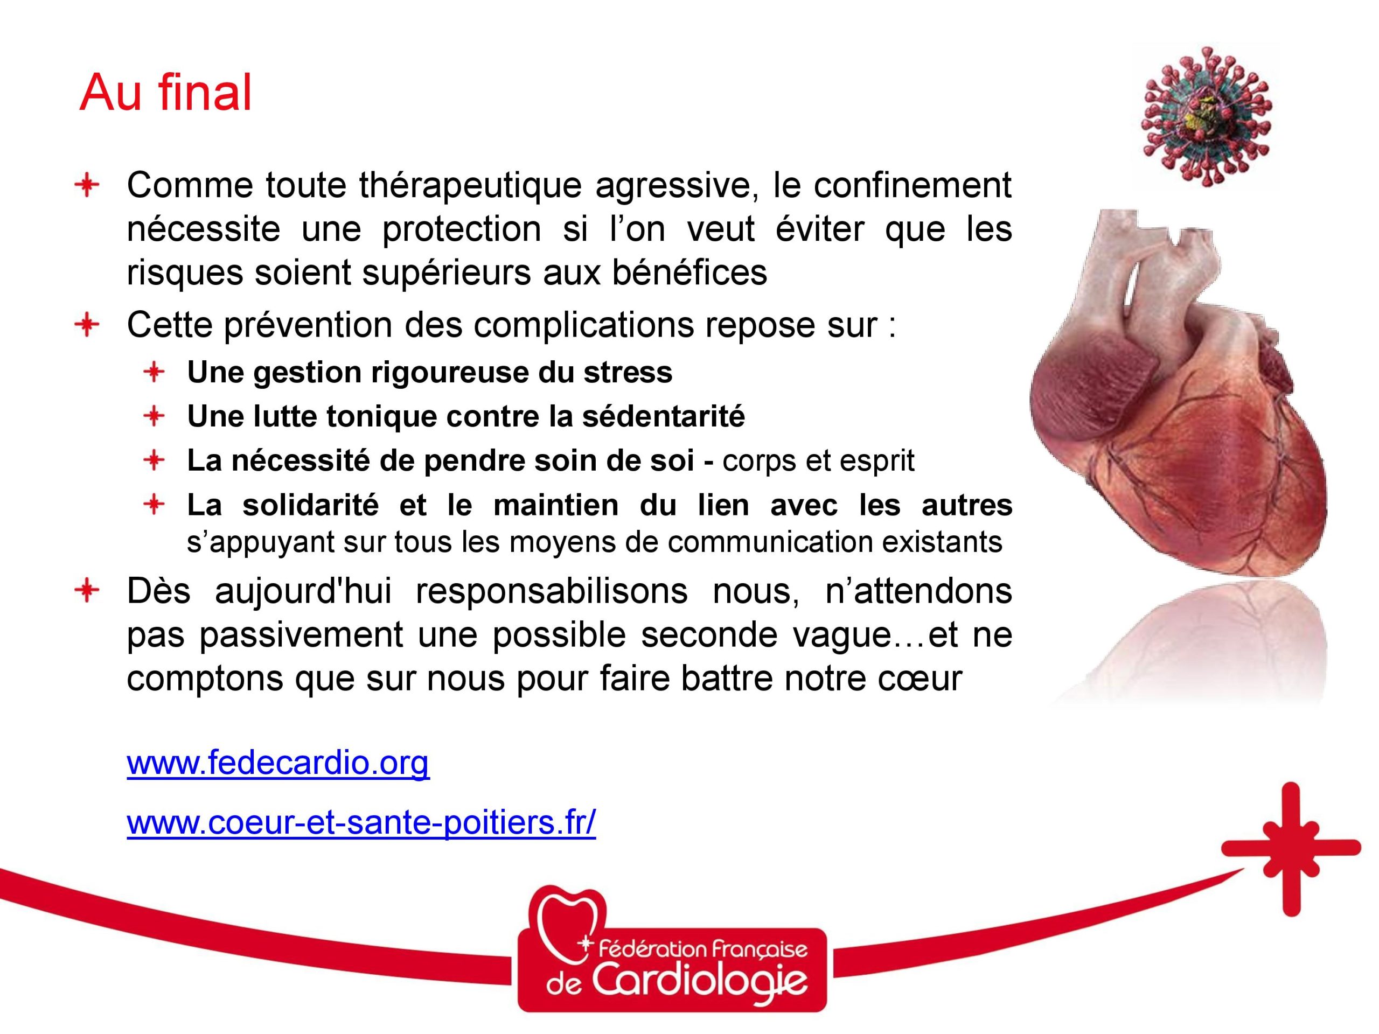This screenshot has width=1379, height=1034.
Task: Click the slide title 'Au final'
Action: pyautogui.click(x=165, y=92)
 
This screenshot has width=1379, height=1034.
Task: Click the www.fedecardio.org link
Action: pyautogui.click(x=278, y=763)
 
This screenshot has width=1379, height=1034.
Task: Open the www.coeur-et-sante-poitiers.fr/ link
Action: pyautogui.click(x=361, y=823)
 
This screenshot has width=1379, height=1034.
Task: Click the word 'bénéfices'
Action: pyautogui.click(x=689, y=273)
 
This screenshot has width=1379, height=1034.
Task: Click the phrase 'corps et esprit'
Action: pyautogui.click(x=819, y=461)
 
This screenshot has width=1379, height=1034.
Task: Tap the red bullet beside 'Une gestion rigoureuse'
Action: pyautogui.click(x=154, y=373)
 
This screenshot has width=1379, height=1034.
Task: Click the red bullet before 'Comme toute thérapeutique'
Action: pyautogui.click(x=87, y=186)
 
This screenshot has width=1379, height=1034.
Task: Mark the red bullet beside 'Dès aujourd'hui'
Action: pyautogui.click(x=87, y=591)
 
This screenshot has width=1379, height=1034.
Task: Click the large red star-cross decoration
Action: pyautogui.click(x=1291, y=848)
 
